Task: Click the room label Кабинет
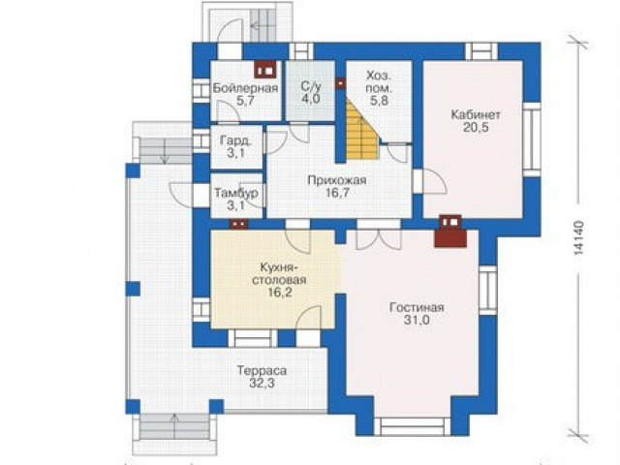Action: pos(476,114)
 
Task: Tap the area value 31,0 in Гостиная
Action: pos(417,321)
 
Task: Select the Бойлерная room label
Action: pos(245,88)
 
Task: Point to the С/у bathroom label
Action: pos(310,86)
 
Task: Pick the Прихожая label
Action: pos(337,180)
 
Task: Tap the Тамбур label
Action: pos(236,193)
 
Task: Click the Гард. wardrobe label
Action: pos(235,139)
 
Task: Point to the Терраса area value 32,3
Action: pos(262,384)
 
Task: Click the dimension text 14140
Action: pos(578,237)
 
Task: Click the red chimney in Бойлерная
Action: pos(264,70)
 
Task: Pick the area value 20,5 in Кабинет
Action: pos(476,127)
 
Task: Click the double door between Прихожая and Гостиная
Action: pos(379,237)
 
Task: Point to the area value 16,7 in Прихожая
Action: pos(337,194)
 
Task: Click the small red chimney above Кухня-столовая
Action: pos(239,224)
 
